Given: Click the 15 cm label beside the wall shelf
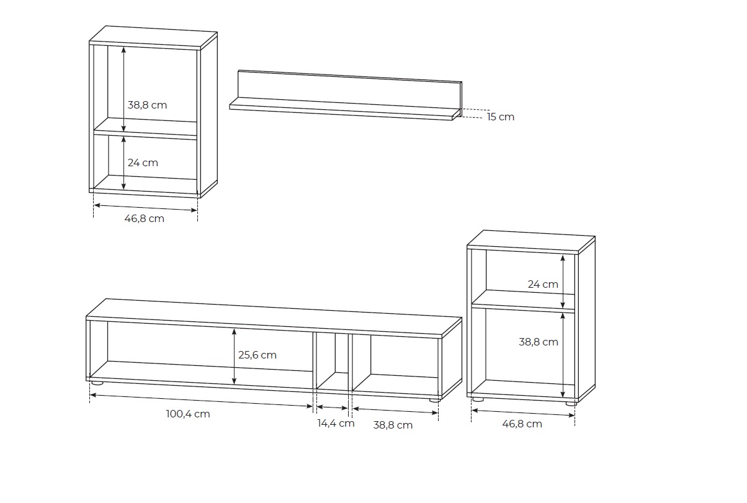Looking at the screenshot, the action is [x=500, y=117].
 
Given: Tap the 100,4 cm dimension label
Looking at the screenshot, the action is [x=188, y=414].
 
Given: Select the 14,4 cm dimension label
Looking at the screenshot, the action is [x=336, y=424].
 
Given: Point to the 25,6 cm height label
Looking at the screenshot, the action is [x=257, y=355].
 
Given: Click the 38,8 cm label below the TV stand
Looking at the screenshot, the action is [x=393, y=425].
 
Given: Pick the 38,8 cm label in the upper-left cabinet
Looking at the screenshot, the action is [x=147, y=105].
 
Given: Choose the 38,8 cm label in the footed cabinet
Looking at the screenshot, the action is [x=539, y=342].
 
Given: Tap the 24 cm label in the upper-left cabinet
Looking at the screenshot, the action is [x=143, y=162].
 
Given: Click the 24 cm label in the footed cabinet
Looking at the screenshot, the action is [x=543, y=284].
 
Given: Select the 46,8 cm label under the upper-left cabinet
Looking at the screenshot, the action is [x=145, y=219].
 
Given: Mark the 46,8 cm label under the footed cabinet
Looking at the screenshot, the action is [x=522, y=424].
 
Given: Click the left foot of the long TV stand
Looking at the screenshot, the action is [x=97, y=383].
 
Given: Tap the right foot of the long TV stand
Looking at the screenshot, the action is [x=434, y=400].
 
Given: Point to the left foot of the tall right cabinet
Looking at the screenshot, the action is [x=478, y=399].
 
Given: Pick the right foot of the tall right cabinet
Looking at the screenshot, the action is [x=571, y=403].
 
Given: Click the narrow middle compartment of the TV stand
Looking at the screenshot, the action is [x=332, y=362].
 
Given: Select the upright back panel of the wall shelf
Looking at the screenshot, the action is [x=350, y=89].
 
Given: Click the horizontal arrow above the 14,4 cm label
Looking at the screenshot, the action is [x=332, y=407].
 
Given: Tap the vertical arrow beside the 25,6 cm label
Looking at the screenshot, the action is [x=234, y=357].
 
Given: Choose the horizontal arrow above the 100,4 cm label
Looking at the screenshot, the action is [x=202, y=401].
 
